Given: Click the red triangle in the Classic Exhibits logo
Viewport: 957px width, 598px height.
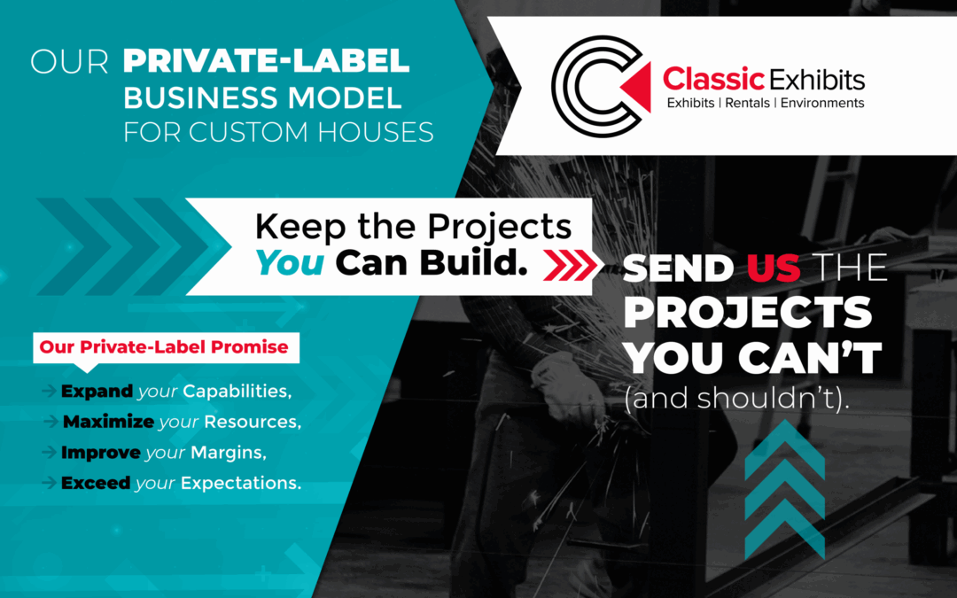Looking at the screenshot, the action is point(639,87).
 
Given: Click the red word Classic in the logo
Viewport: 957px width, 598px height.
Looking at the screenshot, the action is point(713,79).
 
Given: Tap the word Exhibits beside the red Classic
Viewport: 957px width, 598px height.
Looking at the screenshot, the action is point(817,80).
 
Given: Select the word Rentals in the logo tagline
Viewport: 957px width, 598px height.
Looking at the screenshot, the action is point(747,103).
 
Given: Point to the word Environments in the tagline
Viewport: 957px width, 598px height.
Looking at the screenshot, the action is point(822,103).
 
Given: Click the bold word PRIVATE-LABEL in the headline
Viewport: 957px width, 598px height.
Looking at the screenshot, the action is point(266,61).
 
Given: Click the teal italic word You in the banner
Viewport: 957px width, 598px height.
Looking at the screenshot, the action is point(290,263).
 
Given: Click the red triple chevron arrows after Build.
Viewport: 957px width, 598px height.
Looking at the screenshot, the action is point(570,266).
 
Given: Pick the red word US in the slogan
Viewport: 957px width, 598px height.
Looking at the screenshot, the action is point(774,268).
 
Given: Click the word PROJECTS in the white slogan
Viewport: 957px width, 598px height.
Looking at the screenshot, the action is point(748,312).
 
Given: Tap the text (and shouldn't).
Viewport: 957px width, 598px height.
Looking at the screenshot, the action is point(736,398).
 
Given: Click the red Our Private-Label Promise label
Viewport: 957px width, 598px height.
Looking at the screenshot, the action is point(164,347).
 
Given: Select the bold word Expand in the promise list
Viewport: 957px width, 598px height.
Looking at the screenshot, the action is point(97,392).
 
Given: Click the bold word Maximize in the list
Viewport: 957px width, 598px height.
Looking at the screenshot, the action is point(109,422).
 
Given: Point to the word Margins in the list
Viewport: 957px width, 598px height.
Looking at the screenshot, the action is point(229,453).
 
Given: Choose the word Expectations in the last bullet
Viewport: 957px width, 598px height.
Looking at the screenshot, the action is point(241,484).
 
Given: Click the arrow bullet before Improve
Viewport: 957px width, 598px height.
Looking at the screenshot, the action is point(50,452).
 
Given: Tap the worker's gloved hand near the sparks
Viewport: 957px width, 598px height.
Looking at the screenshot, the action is point(565,388).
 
